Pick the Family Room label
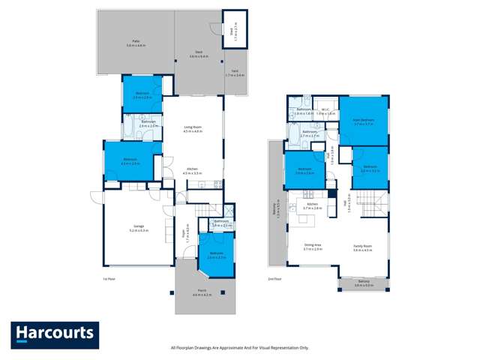(363, 247)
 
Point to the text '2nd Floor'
(274, 279)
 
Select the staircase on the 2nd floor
(373, 203)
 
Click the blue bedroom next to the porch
(216, 255)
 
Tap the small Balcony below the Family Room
(363, 284)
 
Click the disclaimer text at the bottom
(240, 348)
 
